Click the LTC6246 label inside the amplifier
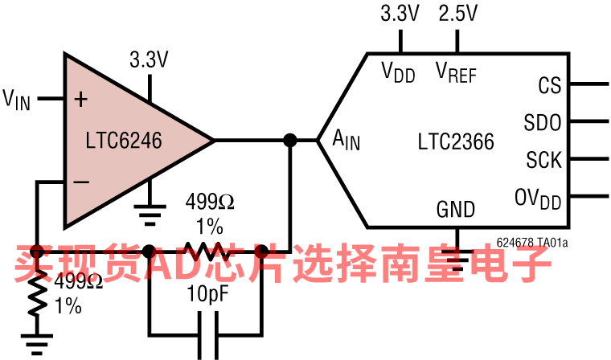[x=124, y=141]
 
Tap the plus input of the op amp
[x=80, y=100]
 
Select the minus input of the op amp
[x=81, y=182]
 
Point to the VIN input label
[x=16, y=100]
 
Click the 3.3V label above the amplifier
[x=149, y=59]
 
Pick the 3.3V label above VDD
[x=400, y=14]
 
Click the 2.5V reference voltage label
[x=457, y=14]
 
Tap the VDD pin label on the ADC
[x=398, y=72]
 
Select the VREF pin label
[x=456, y=72]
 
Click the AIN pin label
[x=347, y=140]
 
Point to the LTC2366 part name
[x=456, y=141]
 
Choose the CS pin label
[x=549, y=86]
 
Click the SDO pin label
[x=543, y=123]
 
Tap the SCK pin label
[x=543, y=159]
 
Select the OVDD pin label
[x=538, y=198]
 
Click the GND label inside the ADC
[x=456, y=210]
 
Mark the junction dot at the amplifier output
[x=290, y=141]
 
